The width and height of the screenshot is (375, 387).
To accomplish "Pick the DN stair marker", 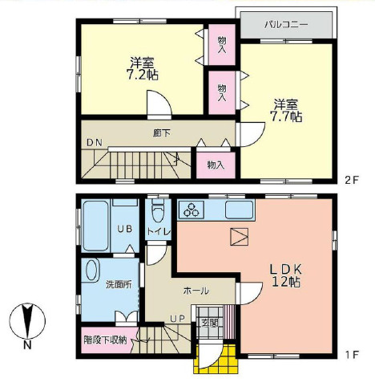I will click(x=95, y=143).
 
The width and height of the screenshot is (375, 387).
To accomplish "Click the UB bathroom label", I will click(x=125, y=230).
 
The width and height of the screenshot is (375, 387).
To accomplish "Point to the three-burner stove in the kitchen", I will click(x=193, y=211).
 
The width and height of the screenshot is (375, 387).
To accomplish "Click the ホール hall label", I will click(x=196, y=290).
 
